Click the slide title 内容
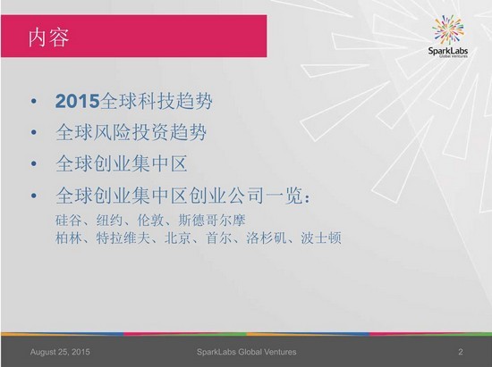tap(48, 38)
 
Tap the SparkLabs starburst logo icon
tap(448, 29)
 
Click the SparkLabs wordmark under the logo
tap(448, 51)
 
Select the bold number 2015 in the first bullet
tap(77, 101)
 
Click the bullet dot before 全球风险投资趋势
tap(34, 132)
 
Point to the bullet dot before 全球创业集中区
tap(34, 163)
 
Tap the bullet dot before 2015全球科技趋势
tap(34, 101)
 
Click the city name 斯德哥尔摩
tap(212, 221)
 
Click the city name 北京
tap(178, 238)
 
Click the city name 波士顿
tap(321, 238)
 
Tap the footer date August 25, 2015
tap(60, 352)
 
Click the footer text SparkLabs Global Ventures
tap(246, 352)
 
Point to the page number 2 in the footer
tap(461, 352)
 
